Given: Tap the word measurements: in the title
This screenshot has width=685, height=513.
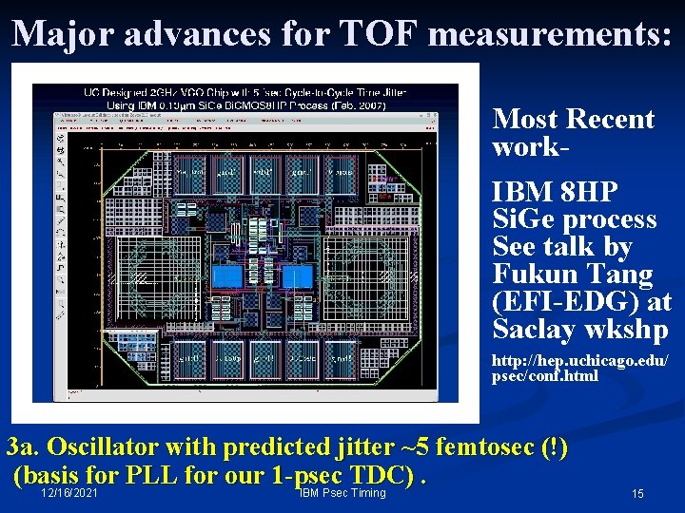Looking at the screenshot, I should (550, 33).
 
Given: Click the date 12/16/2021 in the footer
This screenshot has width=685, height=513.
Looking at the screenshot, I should (69, 493).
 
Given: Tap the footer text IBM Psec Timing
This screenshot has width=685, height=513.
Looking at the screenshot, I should (342, 493).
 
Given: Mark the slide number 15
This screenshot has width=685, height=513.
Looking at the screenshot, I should (637, 494).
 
